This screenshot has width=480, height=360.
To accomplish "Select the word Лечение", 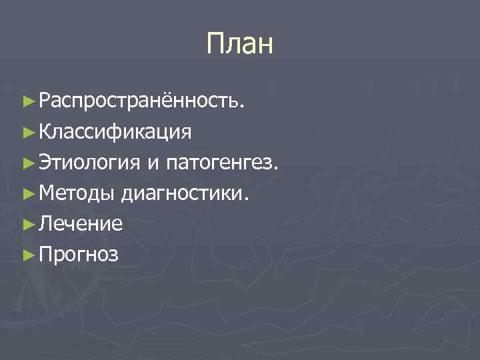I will point(81,224).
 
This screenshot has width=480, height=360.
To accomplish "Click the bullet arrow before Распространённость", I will point(27,101).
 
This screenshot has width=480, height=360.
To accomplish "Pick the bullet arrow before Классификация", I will point(27,132).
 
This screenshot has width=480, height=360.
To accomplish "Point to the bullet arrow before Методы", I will point(27,193).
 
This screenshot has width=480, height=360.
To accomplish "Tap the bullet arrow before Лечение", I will point(27,224).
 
